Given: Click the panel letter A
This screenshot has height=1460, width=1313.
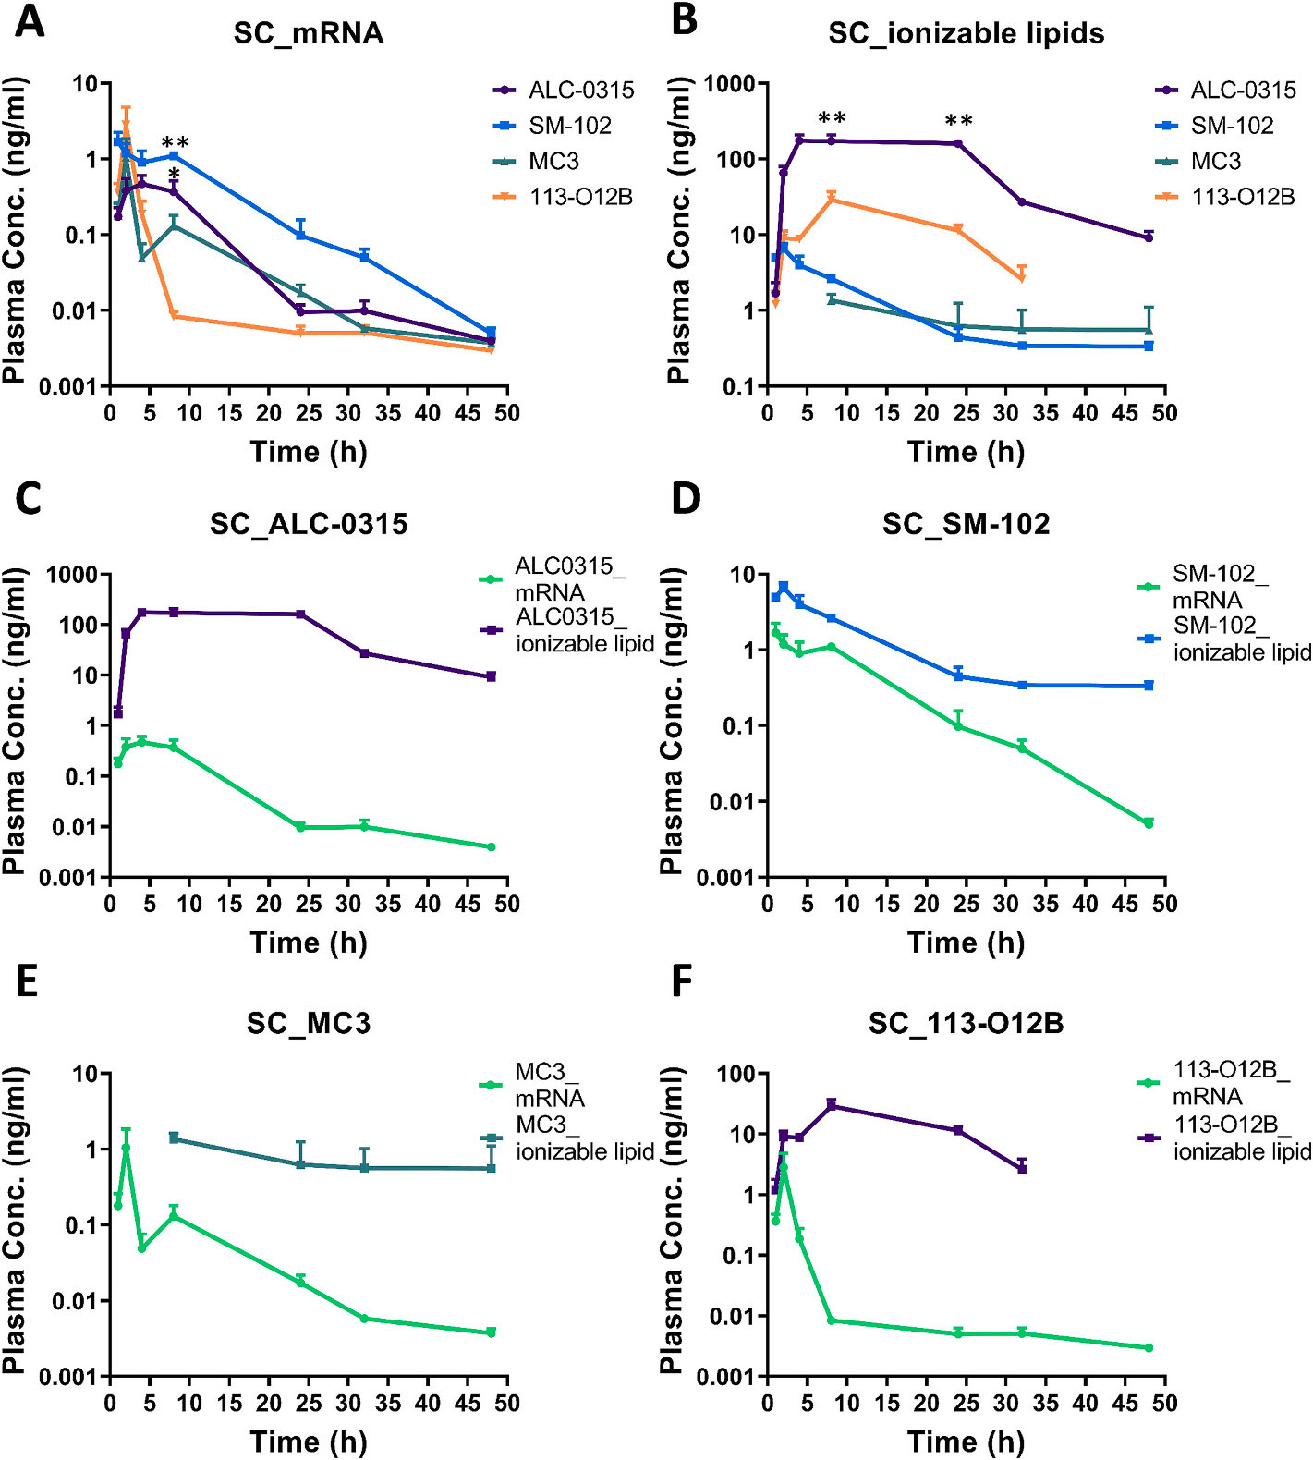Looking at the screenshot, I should pyautogui.click(x=30, y=21).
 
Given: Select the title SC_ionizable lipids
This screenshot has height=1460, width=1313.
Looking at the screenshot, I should pyautogui.click(x=966, y=34).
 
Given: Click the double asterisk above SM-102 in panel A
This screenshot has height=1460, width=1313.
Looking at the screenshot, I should pyautogui.click(x=176, y=143).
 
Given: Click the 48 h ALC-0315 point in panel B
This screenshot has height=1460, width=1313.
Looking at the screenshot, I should pyautogui.click(x=1149, y=237).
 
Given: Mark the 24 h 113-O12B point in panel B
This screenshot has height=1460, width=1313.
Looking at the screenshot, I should pyautogui.click(x=958, y=229).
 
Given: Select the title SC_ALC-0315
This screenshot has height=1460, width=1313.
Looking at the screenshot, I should pyautogui.click(x=309, y=525).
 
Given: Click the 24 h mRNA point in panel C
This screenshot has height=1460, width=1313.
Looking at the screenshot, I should pyautogui.click(x=300, y=827).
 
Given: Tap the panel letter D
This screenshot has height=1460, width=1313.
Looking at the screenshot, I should pyautogui.click(x=686, y=499).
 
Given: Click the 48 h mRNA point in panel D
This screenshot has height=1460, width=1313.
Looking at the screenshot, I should pyautogui.click(x=1149, y=823).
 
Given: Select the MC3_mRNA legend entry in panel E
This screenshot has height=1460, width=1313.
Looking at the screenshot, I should pyautogui.click(x=550, y=1085).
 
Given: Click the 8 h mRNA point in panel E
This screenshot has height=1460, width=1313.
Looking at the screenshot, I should pyautogui.click(x=174, y=1216).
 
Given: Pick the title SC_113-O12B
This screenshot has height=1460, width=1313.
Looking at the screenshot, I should pyautogui.click(x=966, y=1024).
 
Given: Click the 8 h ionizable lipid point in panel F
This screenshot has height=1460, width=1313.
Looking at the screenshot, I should pyautogui.click(x=832, y=1105).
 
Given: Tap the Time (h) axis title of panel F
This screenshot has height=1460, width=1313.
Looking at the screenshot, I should pyautogui.click(x=966, y=1442).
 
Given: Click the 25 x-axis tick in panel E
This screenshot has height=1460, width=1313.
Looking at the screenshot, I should pyautogui.click(x=309, y=1404).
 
